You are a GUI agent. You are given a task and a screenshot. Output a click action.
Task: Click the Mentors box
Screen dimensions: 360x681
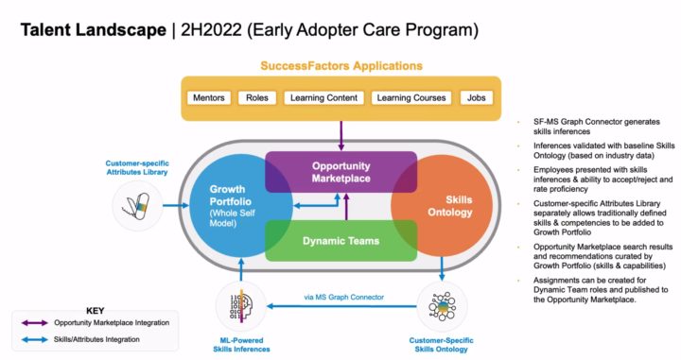[x=209, y=97]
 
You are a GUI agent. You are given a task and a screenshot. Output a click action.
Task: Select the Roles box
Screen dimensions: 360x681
[x=257, y=97]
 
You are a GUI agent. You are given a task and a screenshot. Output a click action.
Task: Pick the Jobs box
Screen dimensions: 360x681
[x=476, y=97]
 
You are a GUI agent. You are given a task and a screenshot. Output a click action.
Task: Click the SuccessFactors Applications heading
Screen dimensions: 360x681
[x=341, y=66]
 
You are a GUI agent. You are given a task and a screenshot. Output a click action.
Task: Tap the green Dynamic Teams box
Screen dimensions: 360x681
[x=340, y=241]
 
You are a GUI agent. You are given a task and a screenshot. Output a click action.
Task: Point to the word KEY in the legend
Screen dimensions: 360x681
[x=95, y=309]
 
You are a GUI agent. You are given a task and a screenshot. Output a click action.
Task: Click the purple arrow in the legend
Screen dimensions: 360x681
[x=37, y=323]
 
